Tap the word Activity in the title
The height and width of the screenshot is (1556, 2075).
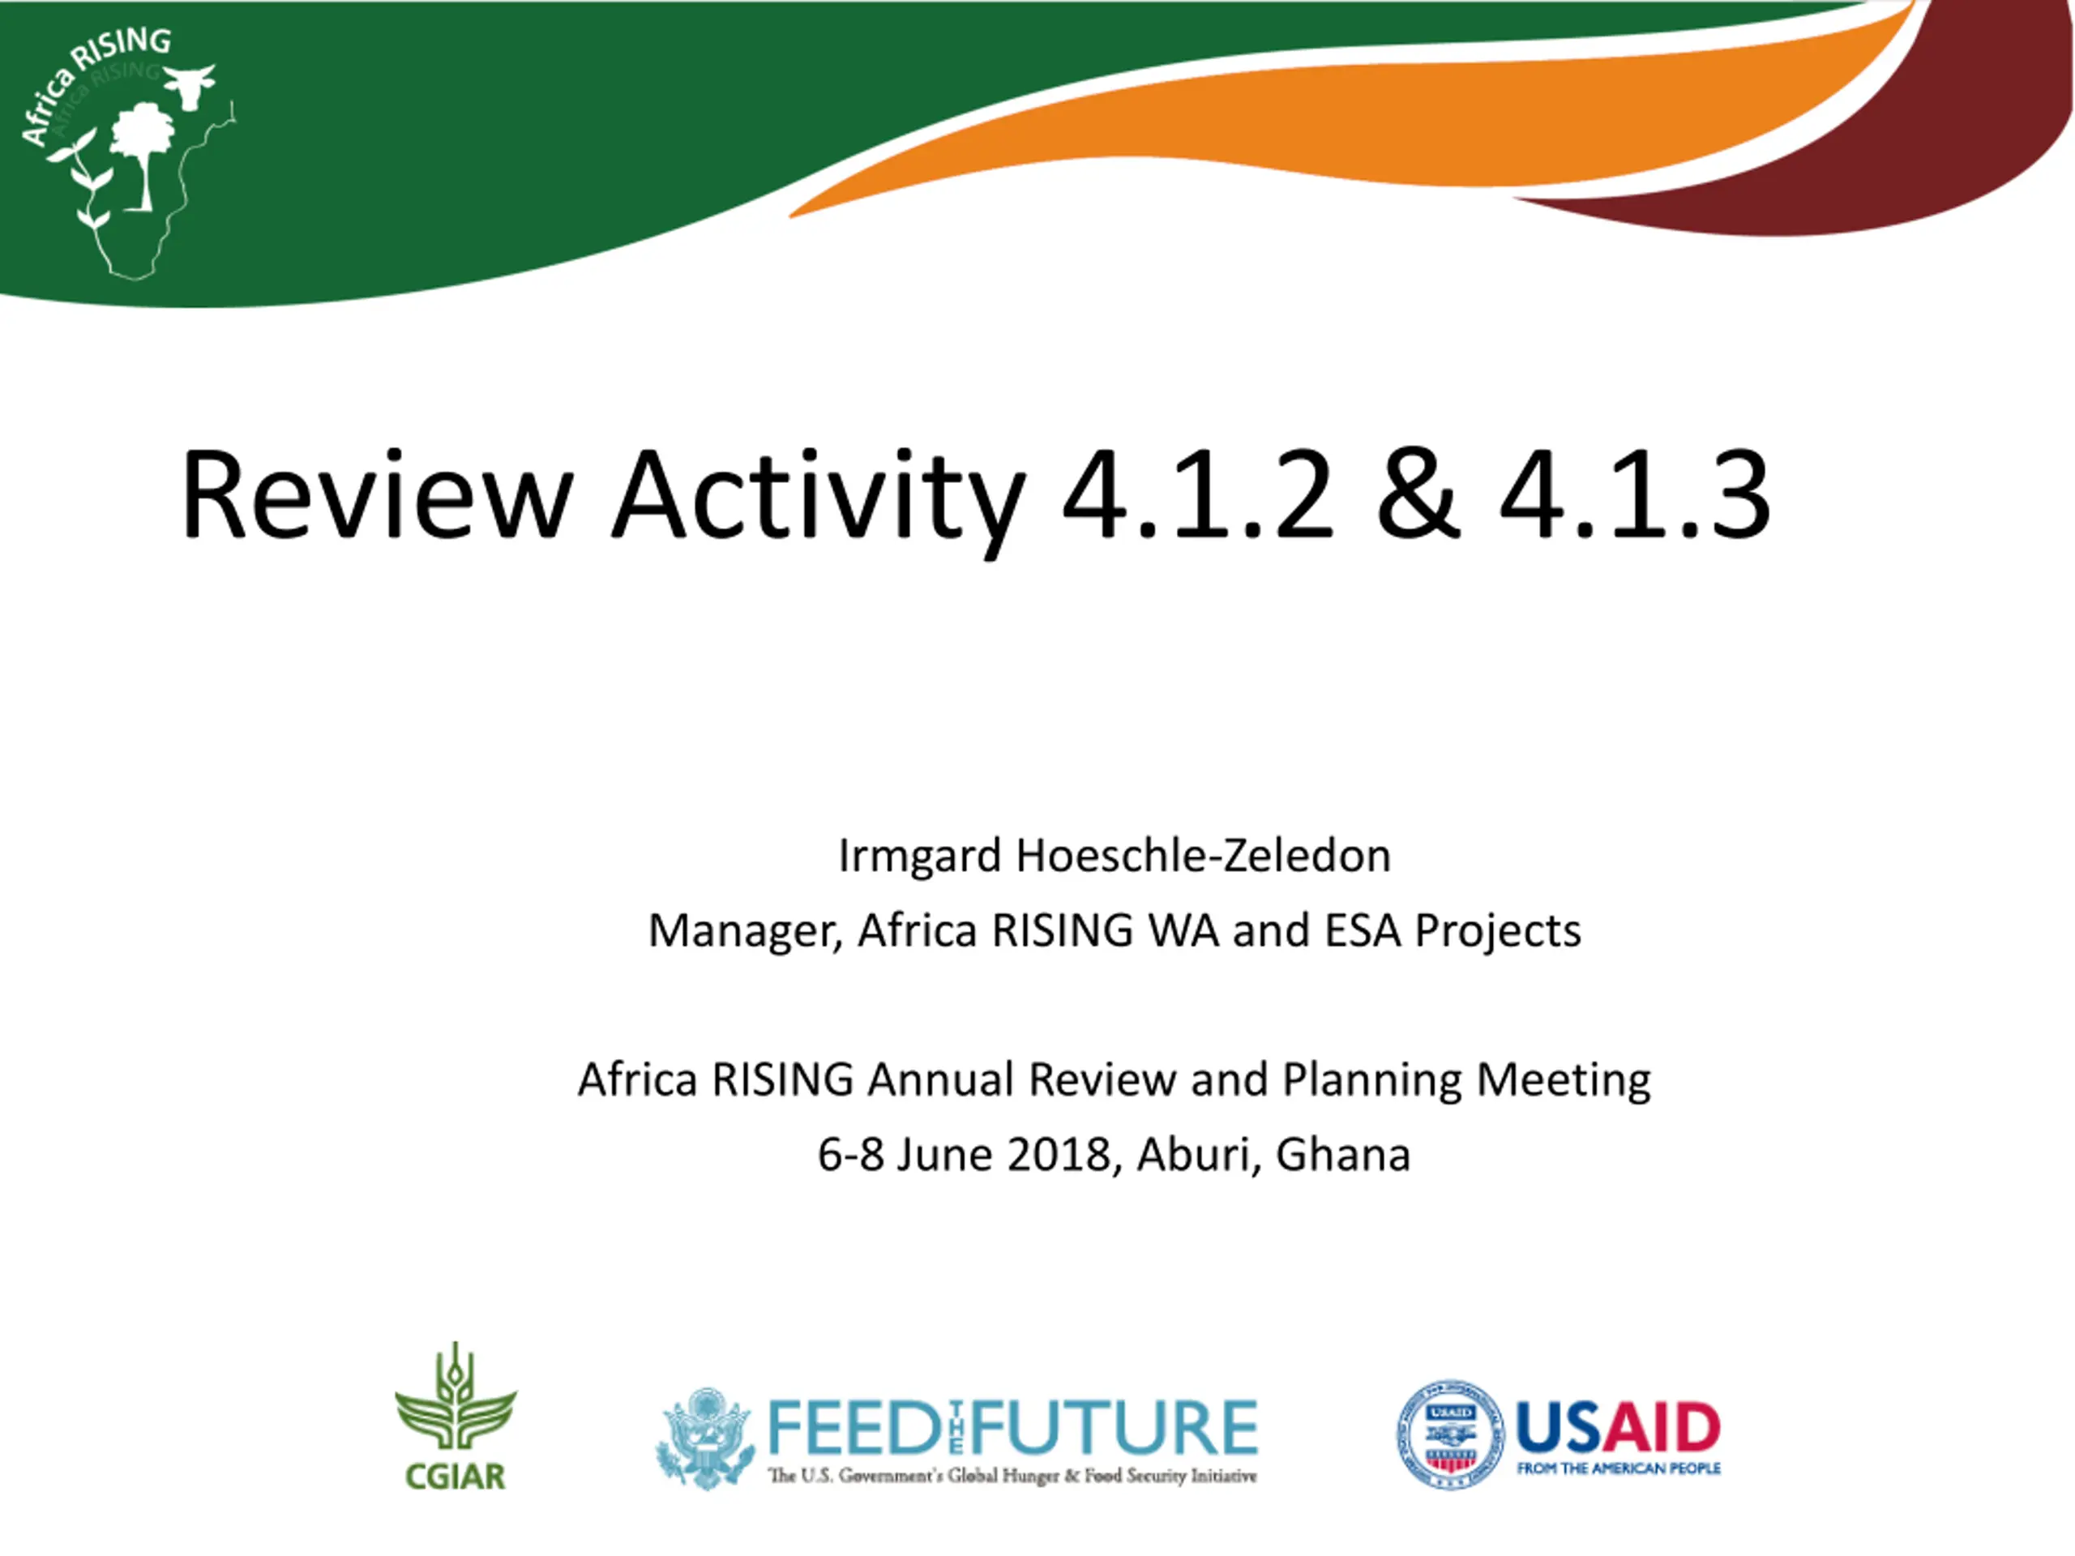(x=818, y=501)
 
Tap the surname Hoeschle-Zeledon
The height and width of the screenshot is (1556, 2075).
(x=1204, y=854)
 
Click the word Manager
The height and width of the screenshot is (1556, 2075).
(x=745, y=931)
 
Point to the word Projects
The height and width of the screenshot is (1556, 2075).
(x=1498, y=931)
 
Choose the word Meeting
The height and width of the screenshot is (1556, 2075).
(x=1564, y=1080)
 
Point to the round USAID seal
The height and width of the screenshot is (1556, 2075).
(x=1450, y=1434)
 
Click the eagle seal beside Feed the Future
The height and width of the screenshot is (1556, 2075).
(x=705, y=1438)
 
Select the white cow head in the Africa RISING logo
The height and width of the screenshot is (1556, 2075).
(x=190, y=85)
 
